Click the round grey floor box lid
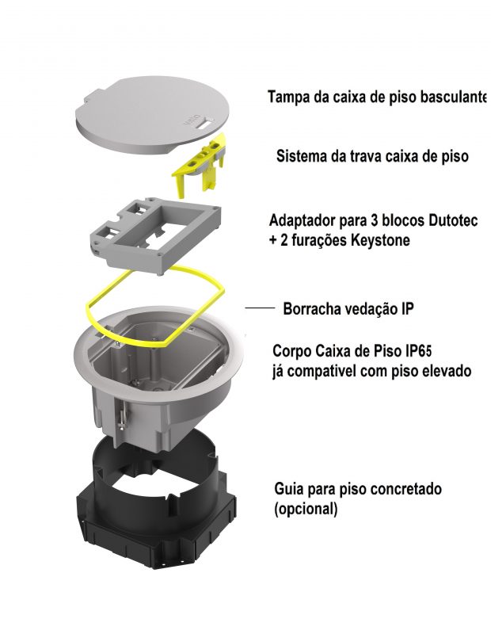tap(153, 116)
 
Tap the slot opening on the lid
tap(203, 125)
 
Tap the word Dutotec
tap(452, 221)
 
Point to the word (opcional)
tap(306, 509)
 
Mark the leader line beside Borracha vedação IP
tap(261, 308)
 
